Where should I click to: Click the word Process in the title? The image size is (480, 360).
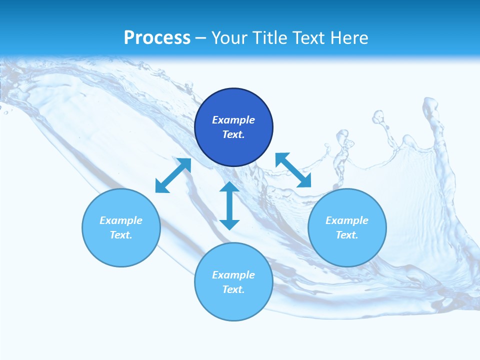pyautogui.click(x=157, y=38)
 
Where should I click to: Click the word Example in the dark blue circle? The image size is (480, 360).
pyautogui.click(x=233, y=120)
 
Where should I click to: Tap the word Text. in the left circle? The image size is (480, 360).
pyautogui.click(x=121, y=235)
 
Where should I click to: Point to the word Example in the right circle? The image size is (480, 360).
pyautogui.click(x=347, y=220)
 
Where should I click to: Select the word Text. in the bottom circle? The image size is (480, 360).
pyautogui.click(x=233, y=289)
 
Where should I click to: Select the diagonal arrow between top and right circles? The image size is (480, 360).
pyautogui.click(x=293, y=170)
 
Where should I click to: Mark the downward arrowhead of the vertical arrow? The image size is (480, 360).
pyautogui.click(x=229, y=223)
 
